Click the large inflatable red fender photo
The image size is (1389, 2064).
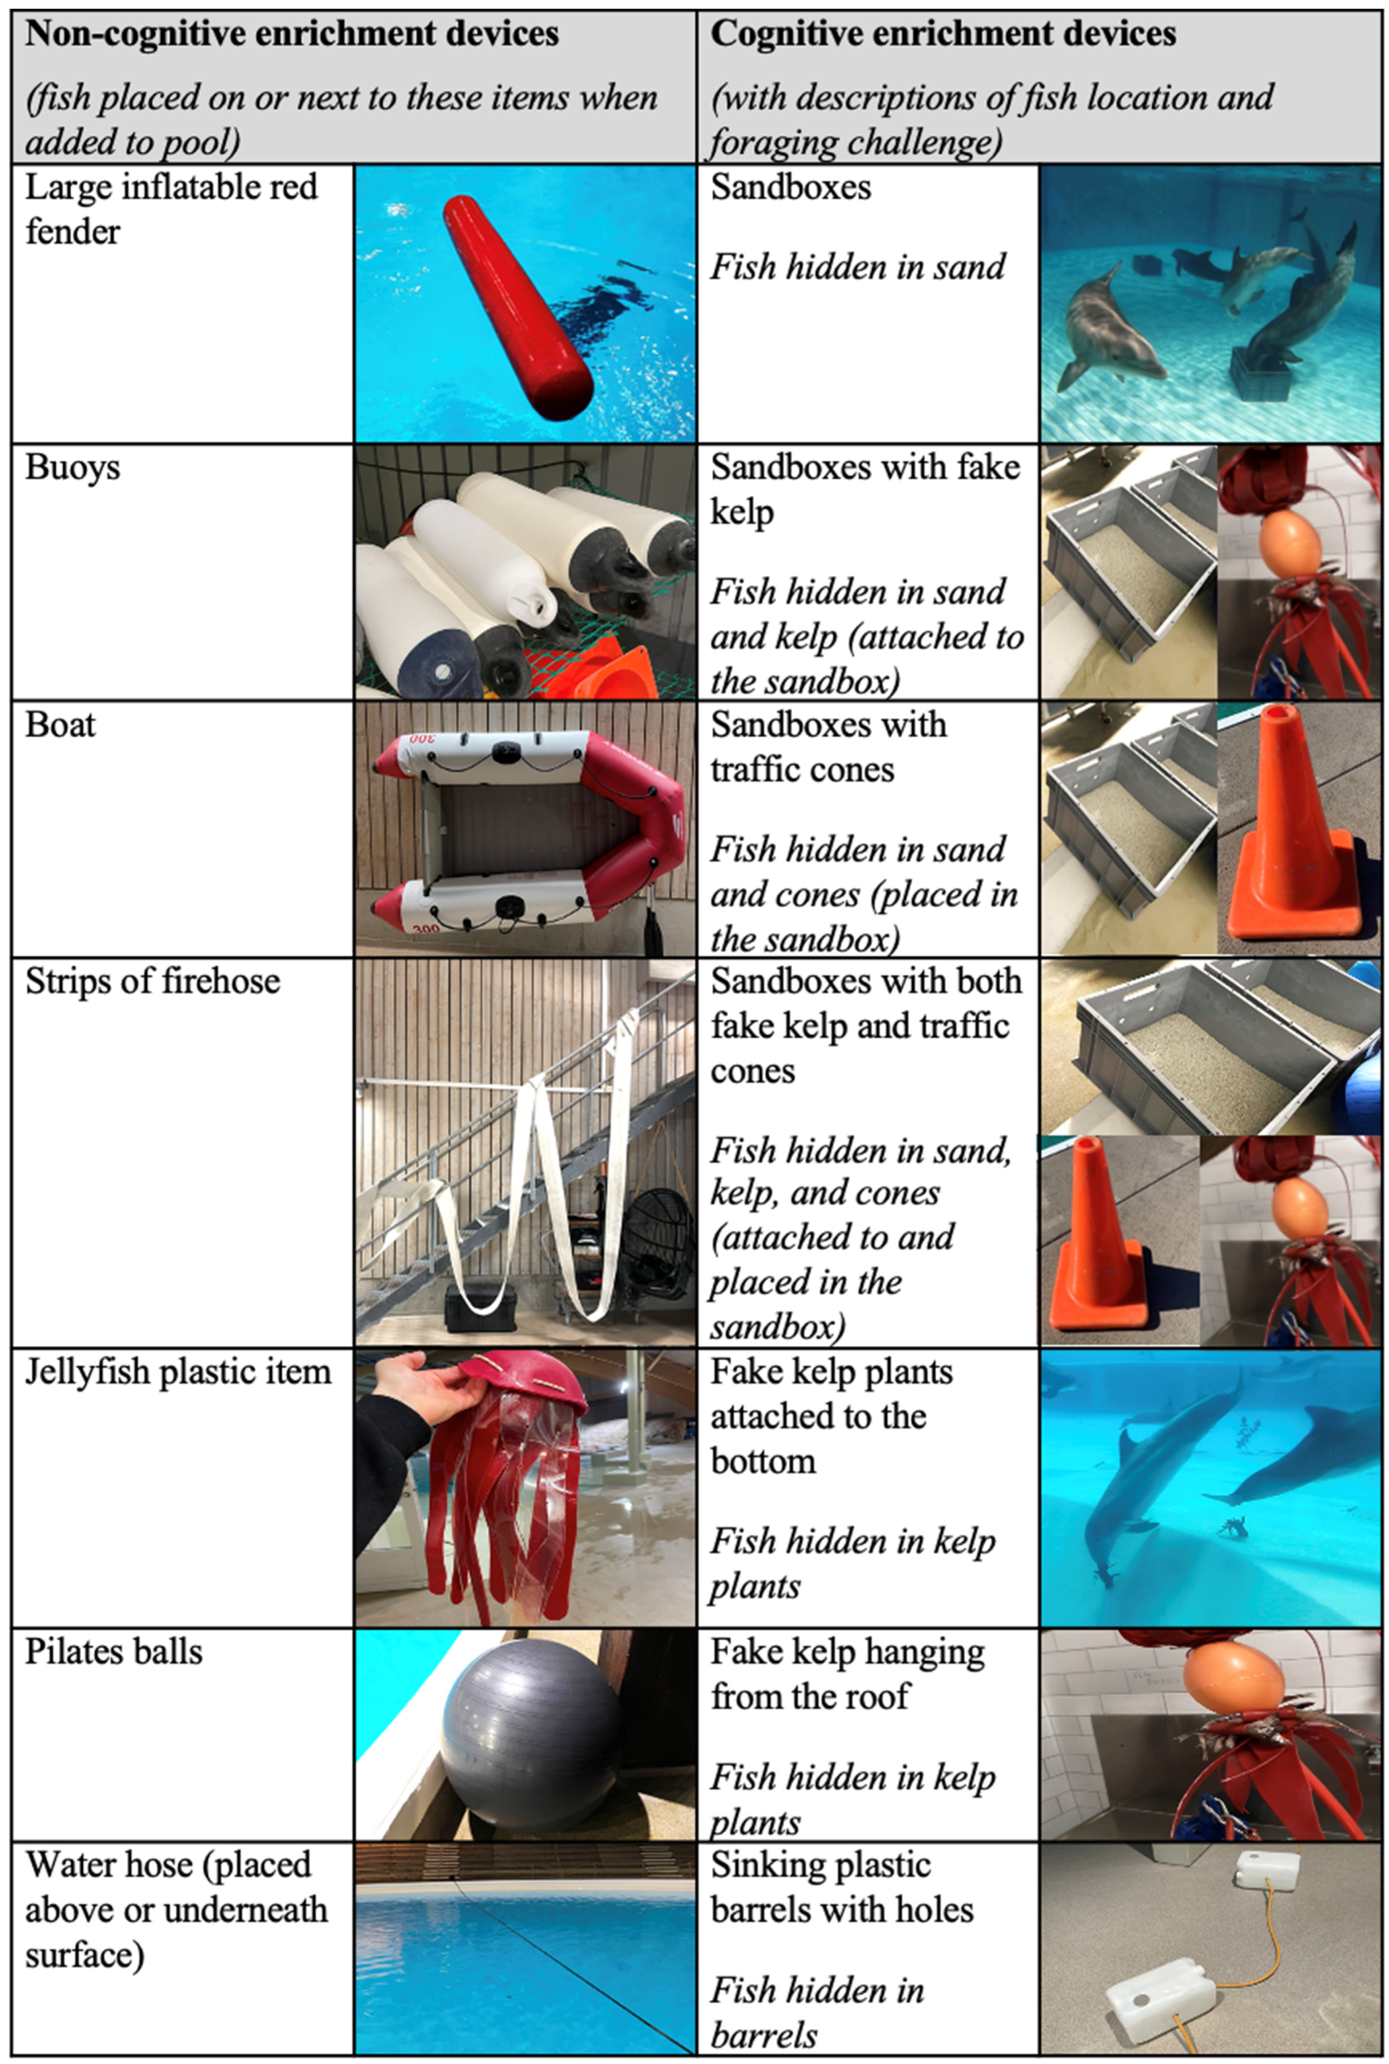[x=525, y=304]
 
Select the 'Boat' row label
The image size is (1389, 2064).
[x=60, y=725]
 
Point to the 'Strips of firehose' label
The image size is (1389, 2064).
[x=153, y=981]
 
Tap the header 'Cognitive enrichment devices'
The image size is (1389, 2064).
[x=943, y=33]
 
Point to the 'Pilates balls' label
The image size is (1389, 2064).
[x=114, y=1652]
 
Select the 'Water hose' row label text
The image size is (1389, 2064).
[x=177, y=1909]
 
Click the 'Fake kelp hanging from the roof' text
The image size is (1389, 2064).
[x=847, y=1674]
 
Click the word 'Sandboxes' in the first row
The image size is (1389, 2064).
[x=791, y=187]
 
